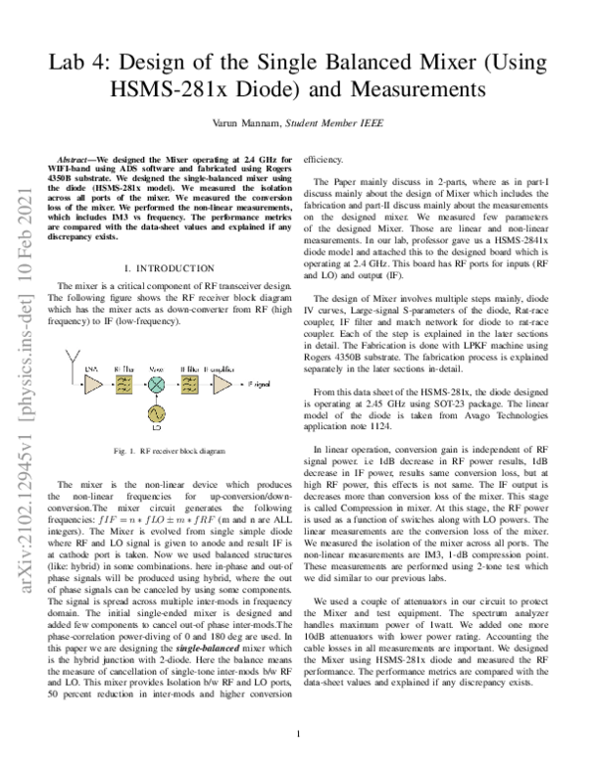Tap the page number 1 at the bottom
point(298,736)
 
